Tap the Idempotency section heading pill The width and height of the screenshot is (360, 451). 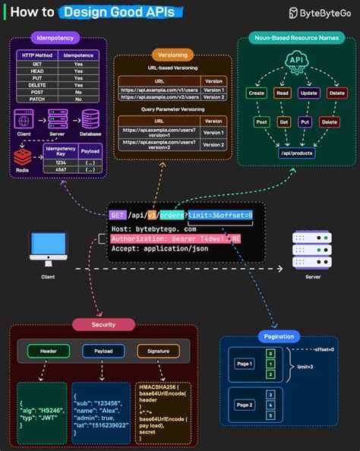click(55, 37)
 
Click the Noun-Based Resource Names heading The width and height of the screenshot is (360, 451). click(295, 38)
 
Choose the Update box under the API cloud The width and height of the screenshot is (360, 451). click(308, 93)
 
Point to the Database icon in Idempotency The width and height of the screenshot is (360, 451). click(91, 120)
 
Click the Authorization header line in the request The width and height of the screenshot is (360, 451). click(175, 238)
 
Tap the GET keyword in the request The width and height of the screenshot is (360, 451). click(117, 216)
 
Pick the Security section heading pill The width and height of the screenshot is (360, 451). click(103, 324)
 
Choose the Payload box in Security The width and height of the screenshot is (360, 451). click(103, 352)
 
